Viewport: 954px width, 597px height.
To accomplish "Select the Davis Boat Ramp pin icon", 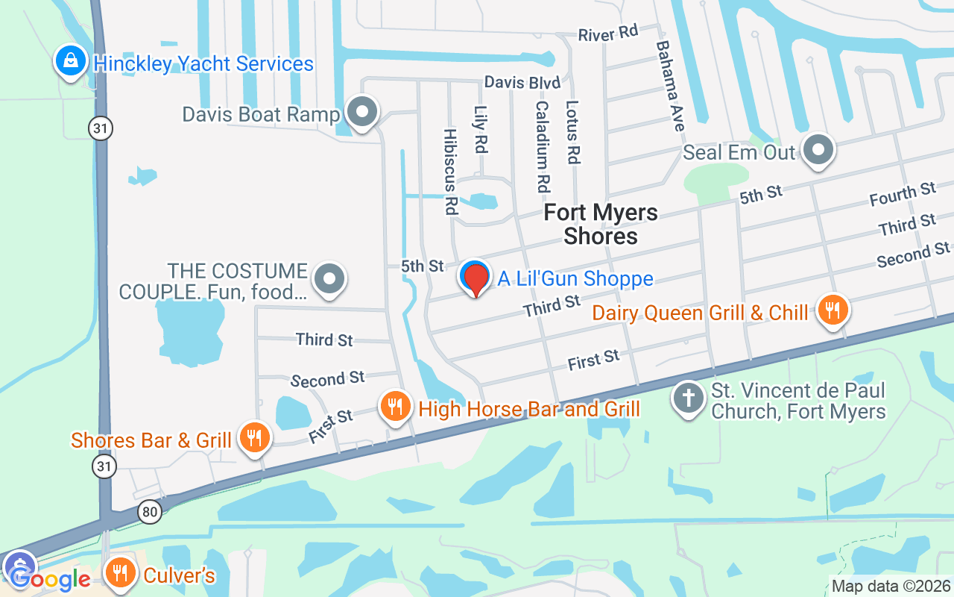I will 363,113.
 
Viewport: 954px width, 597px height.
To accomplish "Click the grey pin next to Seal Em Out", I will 818,150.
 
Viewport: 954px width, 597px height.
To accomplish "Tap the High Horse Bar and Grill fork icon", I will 396,407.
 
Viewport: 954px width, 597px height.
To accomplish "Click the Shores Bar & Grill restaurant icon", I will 255,438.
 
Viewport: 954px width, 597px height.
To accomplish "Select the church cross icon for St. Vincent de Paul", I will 689,398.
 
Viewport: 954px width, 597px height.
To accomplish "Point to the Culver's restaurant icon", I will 120,574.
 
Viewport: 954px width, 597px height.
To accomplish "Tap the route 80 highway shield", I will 150,512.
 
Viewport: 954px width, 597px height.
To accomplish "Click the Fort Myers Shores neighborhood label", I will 601,224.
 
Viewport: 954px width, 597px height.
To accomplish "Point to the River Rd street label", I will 609,34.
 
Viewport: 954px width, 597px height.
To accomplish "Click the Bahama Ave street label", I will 669,86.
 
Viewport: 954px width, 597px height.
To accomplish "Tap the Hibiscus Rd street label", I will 450,171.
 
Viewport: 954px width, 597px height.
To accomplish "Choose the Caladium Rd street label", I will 542,146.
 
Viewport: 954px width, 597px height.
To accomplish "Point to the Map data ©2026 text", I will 891,587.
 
